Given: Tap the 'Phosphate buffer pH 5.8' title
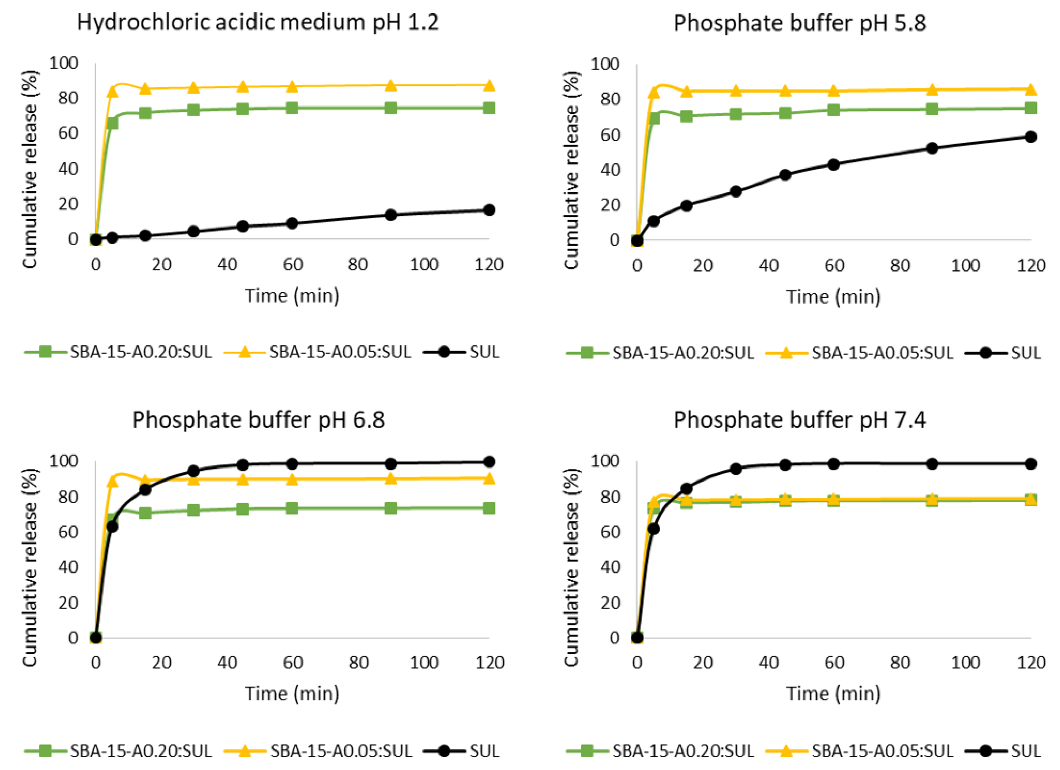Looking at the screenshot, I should (x=799, y=23).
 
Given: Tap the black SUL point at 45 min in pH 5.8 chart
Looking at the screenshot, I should (x=785, y=175).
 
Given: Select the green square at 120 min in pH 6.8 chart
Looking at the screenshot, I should (x=489, y=508).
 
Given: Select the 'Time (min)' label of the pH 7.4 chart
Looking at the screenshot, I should (x=833, y=693).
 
